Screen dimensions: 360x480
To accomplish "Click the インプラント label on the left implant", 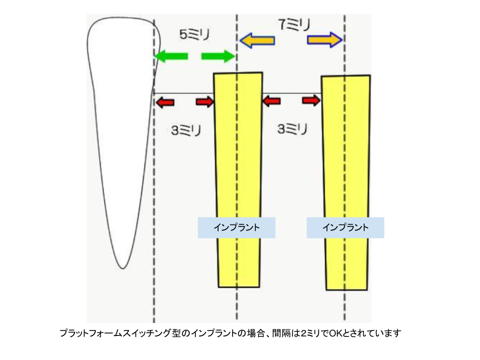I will click(x=236, y=227).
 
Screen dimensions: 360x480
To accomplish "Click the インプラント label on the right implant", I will click(x=345, y=227).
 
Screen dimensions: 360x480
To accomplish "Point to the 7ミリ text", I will click(x=294, y=24).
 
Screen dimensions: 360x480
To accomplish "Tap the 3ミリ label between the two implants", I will click(x=292, y=129).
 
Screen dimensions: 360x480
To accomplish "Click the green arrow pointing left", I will click(x=170, y=56).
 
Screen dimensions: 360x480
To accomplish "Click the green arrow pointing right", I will click(x=218, y=56).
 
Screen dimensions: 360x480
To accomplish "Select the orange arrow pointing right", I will click(x=324, y=39).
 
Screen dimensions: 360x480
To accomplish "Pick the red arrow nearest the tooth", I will click(x=165, y=102).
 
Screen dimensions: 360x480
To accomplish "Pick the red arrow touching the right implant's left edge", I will click(x=311, y=100).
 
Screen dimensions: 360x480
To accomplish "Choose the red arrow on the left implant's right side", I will click(x=271, y=101).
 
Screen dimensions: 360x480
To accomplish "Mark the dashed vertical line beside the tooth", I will click(x=154, y=200).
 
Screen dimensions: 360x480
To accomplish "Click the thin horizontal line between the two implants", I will click(x=291, y=93).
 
